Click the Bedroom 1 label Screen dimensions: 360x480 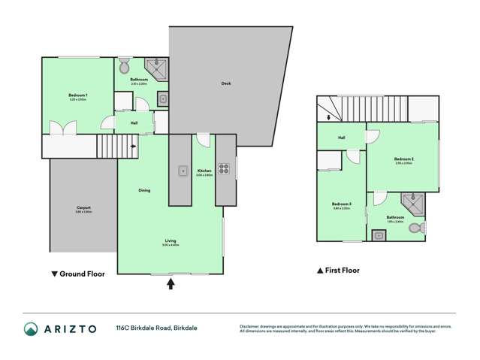78,96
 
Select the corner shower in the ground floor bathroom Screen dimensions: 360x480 159,67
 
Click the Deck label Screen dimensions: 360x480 225,83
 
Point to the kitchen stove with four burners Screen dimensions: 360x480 223,168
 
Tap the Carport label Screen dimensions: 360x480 83,208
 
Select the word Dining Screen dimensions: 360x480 144,190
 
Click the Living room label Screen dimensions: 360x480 171,241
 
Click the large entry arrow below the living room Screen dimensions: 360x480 171,283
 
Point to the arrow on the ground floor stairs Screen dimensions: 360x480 133,147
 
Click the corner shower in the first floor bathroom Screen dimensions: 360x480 412,203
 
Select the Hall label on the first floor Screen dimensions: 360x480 341,138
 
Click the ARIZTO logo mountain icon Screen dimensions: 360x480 31,328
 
